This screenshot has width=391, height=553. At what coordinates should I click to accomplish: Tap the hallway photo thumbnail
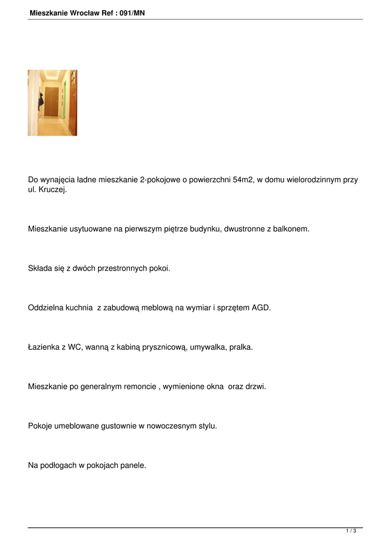pos(52,103)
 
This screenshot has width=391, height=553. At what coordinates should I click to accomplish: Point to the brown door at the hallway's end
pos(51,102)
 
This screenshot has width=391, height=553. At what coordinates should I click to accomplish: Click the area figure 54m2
pos(243,180)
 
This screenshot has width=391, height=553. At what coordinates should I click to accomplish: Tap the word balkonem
pos(292,229)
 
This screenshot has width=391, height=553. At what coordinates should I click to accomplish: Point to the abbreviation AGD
pos(262,308)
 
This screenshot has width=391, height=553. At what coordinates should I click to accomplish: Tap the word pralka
pos(241,347)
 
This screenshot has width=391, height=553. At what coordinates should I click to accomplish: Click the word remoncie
pos(136,387)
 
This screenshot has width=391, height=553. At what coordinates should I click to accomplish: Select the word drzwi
pos(256,387)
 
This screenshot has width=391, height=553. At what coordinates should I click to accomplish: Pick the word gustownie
pos(119,426)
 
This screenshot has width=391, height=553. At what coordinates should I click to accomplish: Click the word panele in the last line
pos(133,464)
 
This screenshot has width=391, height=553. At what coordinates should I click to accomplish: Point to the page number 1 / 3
pos(351,531)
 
